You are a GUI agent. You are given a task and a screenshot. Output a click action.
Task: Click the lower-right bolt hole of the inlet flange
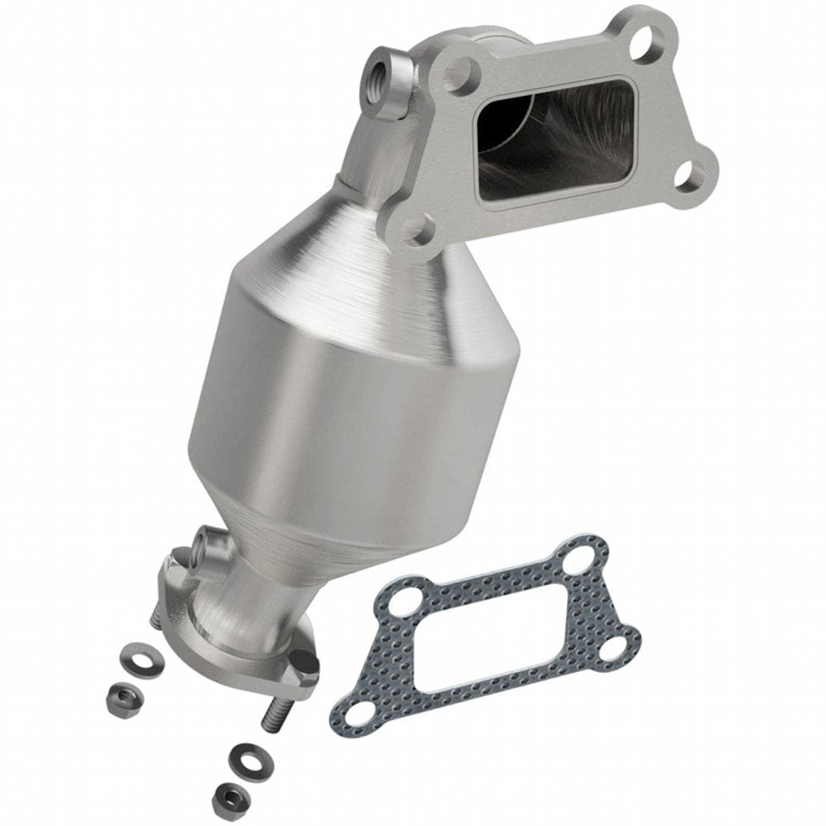coord(688,174)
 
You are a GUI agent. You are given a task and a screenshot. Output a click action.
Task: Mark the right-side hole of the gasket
coord(619,647)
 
